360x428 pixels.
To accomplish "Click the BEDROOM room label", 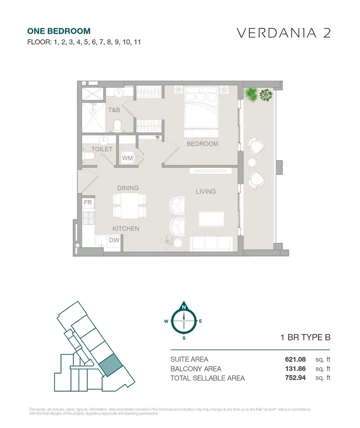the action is (x=202, y=144).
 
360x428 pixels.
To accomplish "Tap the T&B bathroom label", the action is (x=114, y=110).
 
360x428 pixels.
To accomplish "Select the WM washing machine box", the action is (x=127, y=158).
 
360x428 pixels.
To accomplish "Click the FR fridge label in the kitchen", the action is (x=88, y=202).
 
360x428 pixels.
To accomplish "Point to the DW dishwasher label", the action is (x=114, y=240).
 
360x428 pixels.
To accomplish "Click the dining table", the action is (x=130, y=205).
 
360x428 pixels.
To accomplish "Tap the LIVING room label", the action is (x=206, y=192).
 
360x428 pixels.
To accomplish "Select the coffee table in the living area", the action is (x=211, y=219).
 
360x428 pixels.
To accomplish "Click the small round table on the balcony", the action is (x=252, y=163).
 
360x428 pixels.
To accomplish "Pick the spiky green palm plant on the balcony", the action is (x=251, y=94).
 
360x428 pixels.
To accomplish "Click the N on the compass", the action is (x=184, y=308).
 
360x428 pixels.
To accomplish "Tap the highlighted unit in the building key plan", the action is (x=110, y=365).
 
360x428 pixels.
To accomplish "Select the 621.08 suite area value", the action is (x=295, y=360).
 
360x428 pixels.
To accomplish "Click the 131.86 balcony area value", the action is (x=295, y=369).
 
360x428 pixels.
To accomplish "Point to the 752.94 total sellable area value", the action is (x=295, y=378).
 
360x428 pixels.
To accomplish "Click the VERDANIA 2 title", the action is (x=284, y=33).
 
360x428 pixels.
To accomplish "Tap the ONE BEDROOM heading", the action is (x=59, y=31).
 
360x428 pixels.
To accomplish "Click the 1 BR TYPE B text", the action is (x=306, y=337).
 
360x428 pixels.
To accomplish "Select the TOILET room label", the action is (x=102, y=149).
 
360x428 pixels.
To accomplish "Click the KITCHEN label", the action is (x=126, y=229).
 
